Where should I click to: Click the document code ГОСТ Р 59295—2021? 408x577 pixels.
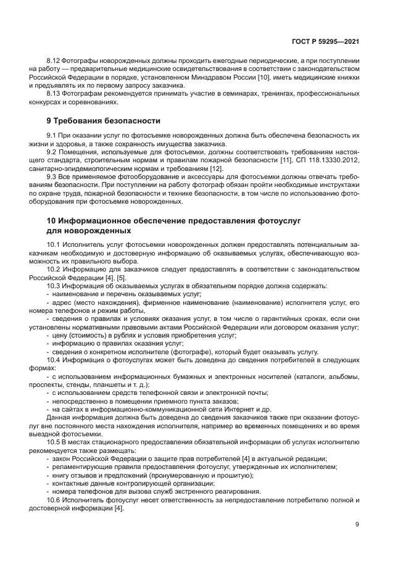coord(325,41)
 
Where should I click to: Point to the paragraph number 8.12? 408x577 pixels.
coord(54,60)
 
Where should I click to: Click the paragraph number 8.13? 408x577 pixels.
coord(54,93)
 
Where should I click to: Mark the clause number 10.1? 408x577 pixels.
coord(54,245)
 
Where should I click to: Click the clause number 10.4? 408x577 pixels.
coord(54,359)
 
